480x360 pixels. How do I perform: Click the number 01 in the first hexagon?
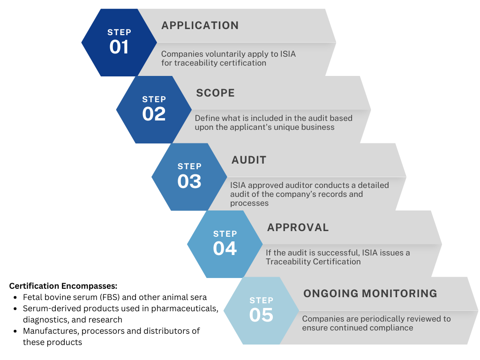point(119,47)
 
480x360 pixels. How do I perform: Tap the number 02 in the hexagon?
point(154,114)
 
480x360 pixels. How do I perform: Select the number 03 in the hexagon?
point(189,181)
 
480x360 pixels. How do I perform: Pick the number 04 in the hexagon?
point(225,248)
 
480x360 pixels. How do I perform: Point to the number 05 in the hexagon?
point(261,315)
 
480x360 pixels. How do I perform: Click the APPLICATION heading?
point(200,25)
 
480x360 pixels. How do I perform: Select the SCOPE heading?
point(215,93)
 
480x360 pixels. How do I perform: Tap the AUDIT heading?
point(248,160)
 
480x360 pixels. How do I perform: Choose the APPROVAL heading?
point(298,227)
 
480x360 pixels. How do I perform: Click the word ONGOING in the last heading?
point(327,293)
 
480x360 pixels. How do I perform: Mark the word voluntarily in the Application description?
point(221,54)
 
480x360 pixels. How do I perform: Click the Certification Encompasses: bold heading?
point(63,286)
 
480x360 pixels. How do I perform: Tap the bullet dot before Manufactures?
point(15,331)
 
